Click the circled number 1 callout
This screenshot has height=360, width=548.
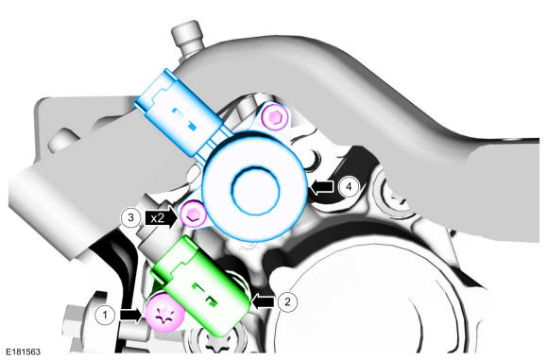105,315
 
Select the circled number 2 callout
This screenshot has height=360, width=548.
287,301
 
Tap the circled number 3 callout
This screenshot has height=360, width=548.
130,217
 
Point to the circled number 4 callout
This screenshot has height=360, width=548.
349,187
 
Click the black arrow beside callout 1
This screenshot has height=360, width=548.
131,316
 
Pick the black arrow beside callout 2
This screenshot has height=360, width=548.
264,300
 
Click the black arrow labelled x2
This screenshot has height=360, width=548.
162,218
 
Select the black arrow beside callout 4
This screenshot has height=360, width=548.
322,187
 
